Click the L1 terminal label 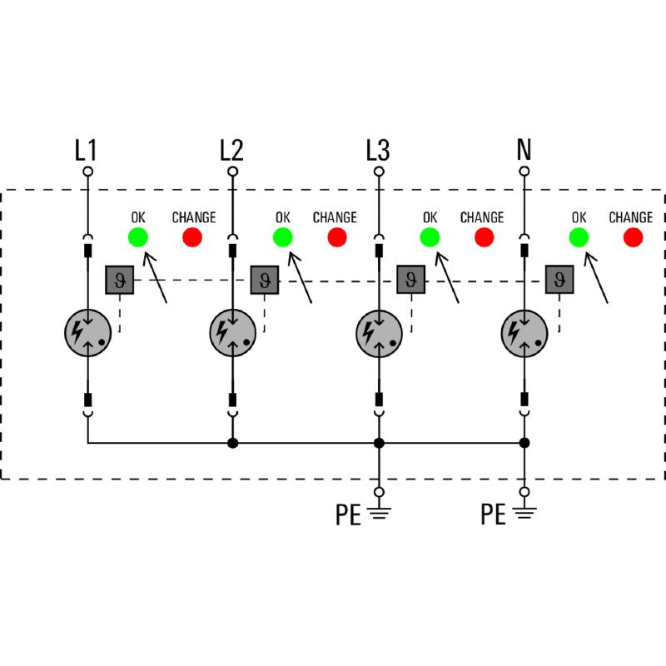86,150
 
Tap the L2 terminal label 231,150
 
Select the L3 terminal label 378,150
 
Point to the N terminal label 524,150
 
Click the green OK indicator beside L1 138,237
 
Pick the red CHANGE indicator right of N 633,237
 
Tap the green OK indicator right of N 579,237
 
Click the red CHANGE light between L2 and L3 337,237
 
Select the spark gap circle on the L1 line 88,333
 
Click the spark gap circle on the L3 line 379,334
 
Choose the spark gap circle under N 524,334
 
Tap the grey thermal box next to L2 265,280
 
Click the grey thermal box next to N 559,280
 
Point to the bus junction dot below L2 233,443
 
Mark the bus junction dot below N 524,443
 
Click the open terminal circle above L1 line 88,171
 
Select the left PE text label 348,514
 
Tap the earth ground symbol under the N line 524,513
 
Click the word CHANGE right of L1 194,217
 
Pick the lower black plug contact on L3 379,400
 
